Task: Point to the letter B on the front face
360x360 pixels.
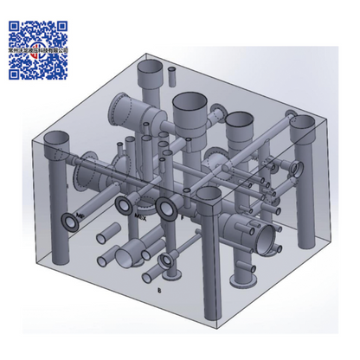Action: click(x=157, y=291)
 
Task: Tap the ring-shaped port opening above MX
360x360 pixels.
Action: click(x=124, y=205)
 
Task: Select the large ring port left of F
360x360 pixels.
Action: click(x=165, y=209)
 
